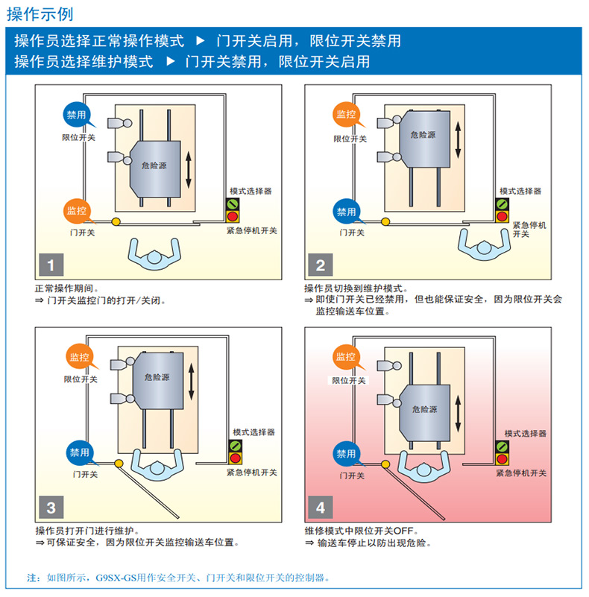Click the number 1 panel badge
51,265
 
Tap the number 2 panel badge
321,265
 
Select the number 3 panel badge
51,508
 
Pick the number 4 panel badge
321,508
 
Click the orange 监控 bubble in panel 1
77,210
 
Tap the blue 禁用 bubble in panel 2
347,212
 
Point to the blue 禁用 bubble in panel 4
346,453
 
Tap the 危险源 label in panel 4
424,409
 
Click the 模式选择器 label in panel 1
251,192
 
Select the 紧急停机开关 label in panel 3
251,473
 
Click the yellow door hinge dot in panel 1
116,221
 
